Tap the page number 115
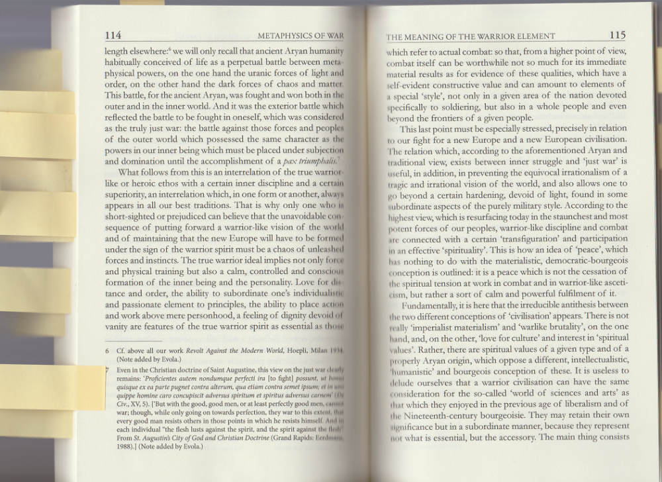618,35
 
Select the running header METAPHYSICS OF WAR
301,36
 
